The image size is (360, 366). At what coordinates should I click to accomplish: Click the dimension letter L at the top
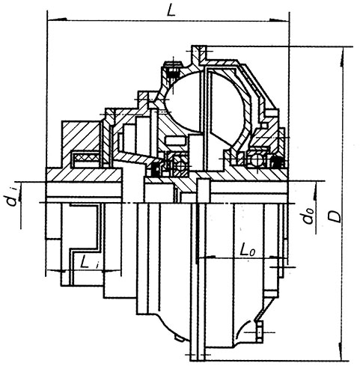point(171,10)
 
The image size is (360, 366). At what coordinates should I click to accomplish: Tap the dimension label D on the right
point(335,216)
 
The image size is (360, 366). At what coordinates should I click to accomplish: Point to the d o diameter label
point(308,216)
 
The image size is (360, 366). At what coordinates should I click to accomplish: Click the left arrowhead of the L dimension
point(57,19)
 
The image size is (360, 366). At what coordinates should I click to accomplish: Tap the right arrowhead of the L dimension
point(279,19)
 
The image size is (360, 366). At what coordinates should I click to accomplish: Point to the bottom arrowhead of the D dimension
point(341,350)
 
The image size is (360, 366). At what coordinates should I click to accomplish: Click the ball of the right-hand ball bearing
point(257,159)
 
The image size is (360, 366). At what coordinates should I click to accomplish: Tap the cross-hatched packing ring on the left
point(85,157)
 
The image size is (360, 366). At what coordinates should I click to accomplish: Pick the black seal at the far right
point(276,162)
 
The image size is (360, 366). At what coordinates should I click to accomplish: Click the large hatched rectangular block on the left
point(82,140)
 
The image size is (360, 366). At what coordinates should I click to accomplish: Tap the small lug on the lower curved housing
point(179,338)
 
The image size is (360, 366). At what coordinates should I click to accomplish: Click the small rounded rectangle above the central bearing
point(176,140)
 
